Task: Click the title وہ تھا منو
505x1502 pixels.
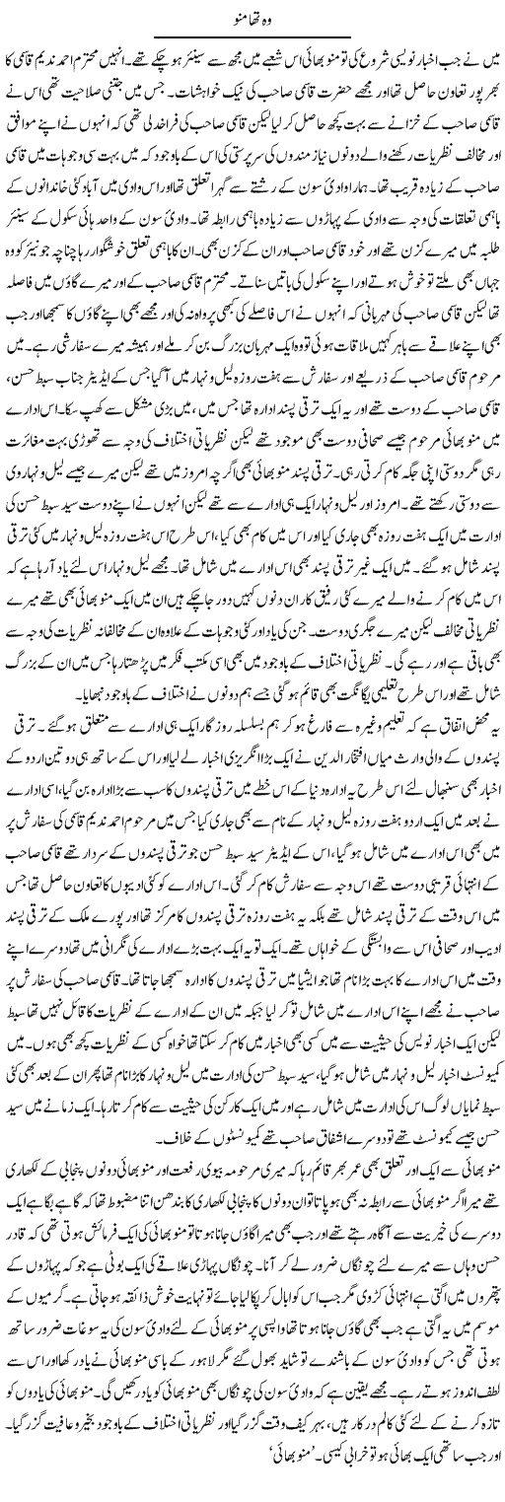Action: pyautogui.click(x=252, y=14)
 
